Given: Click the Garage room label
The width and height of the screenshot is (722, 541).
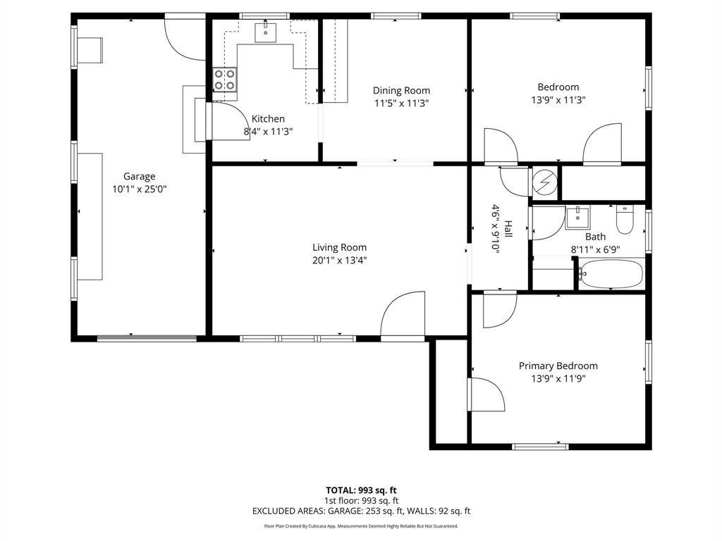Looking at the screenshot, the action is click(x=139, y=176).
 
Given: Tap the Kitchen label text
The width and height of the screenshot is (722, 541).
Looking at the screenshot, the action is click(x=268, y=118).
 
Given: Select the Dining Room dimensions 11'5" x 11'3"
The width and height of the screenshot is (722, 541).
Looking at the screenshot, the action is click(x=401, y=103).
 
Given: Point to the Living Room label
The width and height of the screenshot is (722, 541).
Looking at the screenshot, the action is click(x=339, y=247).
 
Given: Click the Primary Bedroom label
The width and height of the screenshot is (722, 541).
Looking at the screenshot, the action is click(x=558, y=366).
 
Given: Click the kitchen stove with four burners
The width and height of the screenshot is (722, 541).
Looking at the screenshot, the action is click(x=225, y=79).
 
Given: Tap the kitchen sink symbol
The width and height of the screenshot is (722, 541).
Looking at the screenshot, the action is click(x=266, y=31).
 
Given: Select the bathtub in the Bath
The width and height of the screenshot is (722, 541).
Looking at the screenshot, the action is click(x=610, y=274).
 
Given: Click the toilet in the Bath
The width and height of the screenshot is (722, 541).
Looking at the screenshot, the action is click(x=625, y=219).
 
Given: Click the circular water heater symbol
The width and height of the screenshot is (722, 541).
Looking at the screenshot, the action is click(x=545, y=182).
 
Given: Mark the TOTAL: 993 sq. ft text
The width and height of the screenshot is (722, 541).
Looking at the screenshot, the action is click(x=361, y=490).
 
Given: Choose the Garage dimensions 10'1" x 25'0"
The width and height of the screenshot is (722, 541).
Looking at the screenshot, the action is click(x=139, y=189).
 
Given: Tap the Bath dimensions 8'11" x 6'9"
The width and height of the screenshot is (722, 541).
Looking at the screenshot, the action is click(x=595, y=250).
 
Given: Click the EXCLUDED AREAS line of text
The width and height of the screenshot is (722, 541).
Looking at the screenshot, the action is click(x=361, y=511).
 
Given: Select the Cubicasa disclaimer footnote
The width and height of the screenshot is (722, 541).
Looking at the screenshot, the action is click(x=361, y=526).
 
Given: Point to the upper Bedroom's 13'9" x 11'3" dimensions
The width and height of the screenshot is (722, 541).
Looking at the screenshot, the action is click(x=558, y=100).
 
